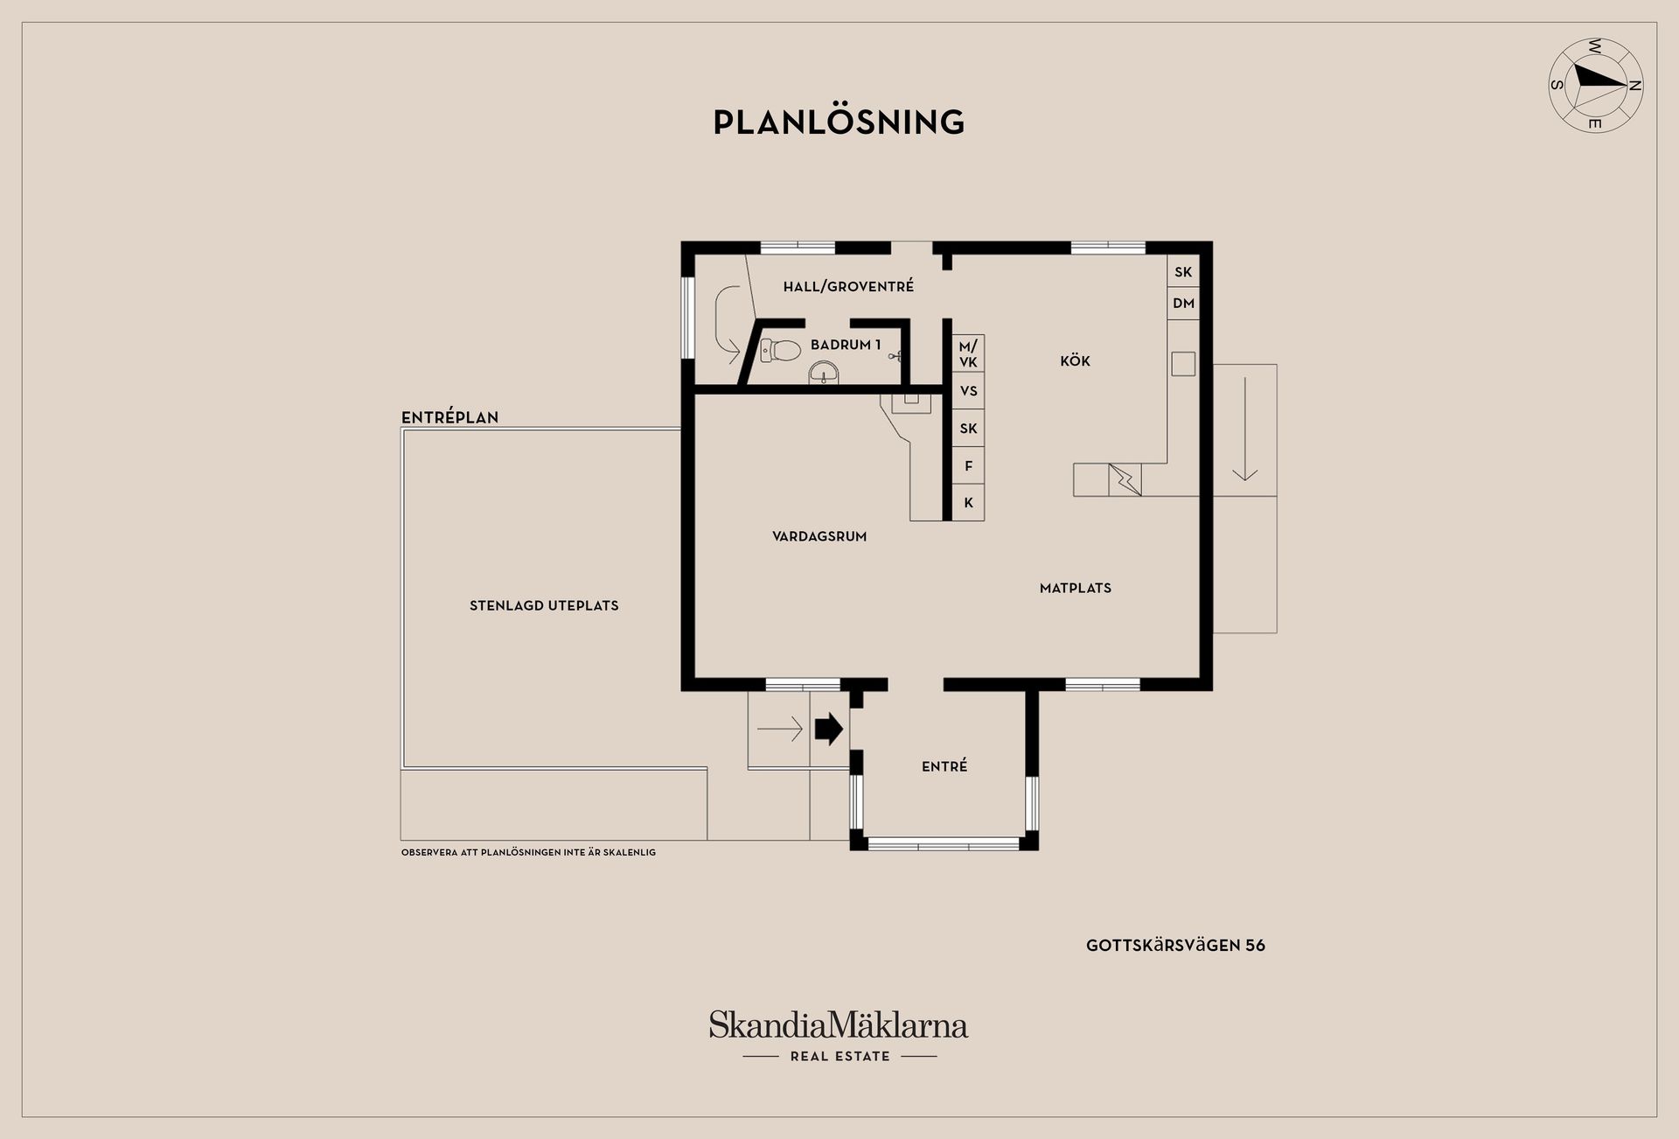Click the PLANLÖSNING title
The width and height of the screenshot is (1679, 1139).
point(839,122)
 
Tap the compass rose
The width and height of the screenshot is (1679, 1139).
point(1595,85)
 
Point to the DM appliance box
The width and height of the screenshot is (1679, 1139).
point(1183,304)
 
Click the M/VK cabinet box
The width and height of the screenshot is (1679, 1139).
point(968,354)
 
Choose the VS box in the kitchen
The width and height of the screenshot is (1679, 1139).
point(968,391)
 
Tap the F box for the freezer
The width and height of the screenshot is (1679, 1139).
point(968,465)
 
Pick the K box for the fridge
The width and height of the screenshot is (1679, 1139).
point(968,503)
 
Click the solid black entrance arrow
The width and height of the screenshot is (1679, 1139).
point(828,729)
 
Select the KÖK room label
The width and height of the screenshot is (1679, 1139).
point(1075,361)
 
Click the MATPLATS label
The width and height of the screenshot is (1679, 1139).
point(1075,588)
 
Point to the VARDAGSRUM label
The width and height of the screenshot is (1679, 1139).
point(819,536)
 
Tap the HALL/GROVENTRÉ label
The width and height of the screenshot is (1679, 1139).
point(848,286)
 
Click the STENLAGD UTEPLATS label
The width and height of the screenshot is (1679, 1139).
point(544,605)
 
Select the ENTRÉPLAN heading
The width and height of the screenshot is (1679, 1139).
point(449,417)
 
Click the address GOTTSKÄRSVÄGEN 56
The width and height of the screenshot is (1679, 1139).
point(1175,946)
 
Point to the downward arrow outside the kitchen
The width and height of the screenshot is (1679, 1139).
point(1244,430)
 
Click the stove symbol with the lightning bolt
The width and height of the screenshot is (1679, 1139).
point(1125,480)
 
